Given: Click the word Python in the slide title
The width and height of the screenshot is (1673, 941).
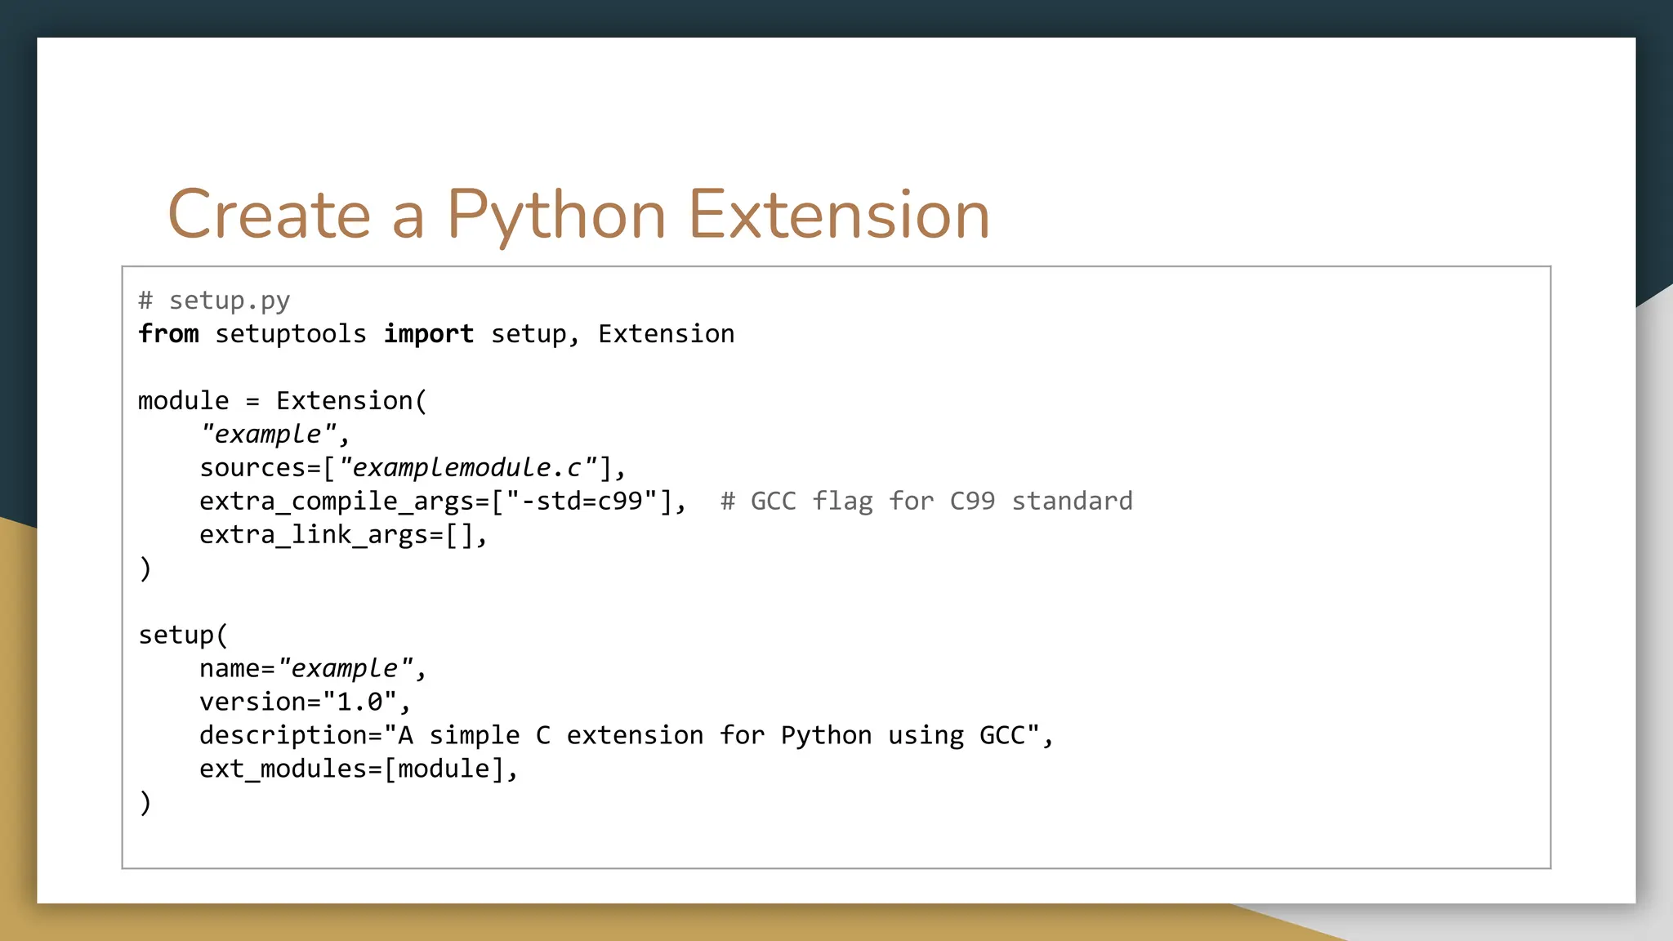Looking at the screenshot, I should click(555, 216).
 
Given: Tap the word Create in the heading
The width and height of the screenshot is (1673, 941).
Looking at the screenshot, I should click(269, 216).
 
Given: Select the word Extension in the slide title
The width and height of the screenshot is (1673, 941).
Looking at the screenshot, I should click(839, 216).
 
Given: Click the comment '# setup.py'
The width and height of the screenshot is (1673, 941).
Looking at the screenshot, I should click(214, 301).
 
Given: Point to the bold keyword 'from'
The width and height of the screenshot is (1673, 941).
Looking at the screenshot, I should click(168, 334).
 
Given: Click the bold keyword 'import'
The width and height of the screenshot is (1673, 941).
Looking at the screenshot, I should click(429, 334).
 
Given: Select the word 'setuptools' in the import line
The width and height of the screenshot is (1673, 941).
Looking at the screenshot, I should click(291, 334).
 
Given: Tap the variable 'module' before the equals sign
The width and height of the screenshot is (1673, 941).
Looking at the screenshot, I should click(184, 401).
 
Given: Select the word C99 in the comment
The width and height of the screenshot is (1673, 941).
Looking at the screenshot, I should click(972, 501).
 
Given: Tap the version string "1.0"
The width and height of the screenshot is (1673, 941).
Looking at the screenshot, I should click(359, 702).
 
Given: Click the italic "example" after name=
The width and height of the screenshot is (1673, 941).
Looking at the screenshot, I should click(345, 669).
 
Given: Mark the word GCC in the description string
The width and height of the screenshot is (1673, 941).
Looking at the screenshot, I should click(1002, 736).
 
